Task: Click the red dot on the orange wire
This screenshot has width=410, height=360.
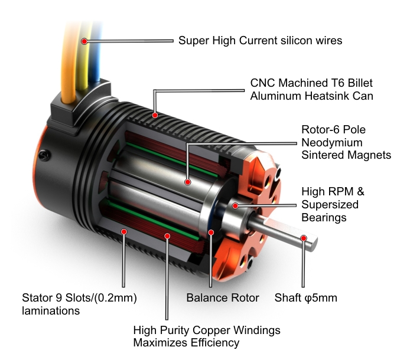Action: (84, 41)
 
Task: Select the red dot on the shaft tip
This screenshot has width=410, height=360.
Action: (304, 238)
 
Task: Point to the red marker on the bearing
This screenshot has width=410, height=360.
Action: (235, 205)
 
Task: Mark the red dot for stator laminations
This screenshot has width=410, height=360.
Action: (123, 231)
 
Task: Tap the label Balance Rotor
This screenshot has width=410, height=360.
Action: (223, 298)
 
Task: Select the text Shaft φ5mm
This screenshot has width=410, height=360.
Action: (305, 298)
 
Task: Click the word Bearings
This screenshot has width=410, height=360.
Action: (324, 218)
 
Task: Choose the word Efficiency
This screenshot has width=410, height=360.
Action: (208, 343)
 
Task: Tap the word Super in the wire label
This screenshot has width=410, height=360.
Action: (193, 41)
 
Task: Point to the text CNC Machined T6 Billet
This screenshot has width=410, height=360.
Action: (311, 83)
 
